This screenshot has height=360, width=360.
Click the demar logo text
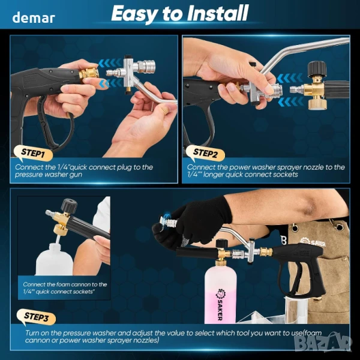[x=34, y=17]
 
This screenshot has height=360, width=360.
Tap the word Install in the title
[x=218, y=13]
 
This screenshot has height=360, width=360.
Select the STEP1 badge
[x=33, y=153]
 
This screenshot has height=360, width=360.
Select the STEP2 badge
[x=205, y=153]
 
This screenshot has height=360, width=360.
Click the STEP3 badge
[x=36, y=317]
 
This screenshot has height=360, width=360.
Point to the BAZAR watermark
[x=323, y=343]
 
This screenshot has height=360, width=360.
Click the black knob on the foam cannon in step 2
[x=317, y=69]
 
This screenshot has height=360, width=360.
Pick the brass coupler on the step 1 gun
[x=89, y=73]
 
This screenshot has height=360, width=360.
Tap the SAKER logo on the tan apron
[x=313, y=242]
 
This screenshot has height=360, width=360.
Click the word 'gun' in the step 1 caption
[x=76, y=175]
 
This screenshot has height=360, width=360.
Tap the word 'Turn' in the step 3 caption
[x=32, y=333]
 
